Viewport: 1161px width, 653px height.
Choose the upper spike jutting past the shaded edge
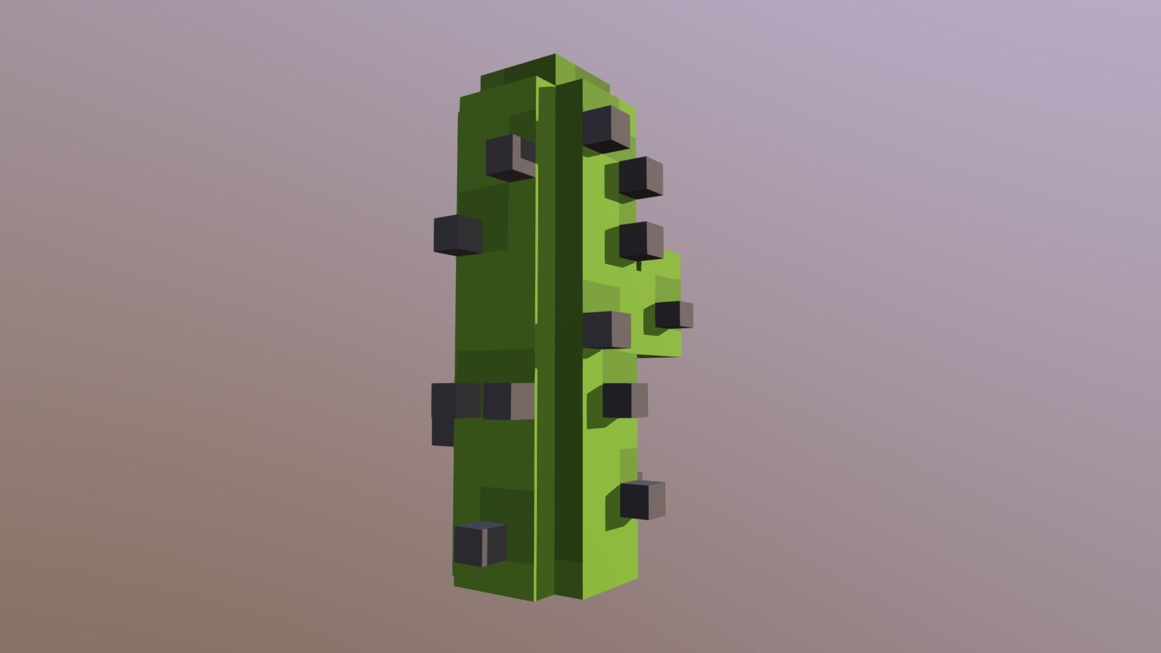click(457, 234)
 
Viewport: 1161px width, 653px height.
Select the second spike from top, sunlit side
click(640, 177)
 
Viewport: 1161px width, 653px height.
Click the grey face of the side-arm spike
click(686, 315)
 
